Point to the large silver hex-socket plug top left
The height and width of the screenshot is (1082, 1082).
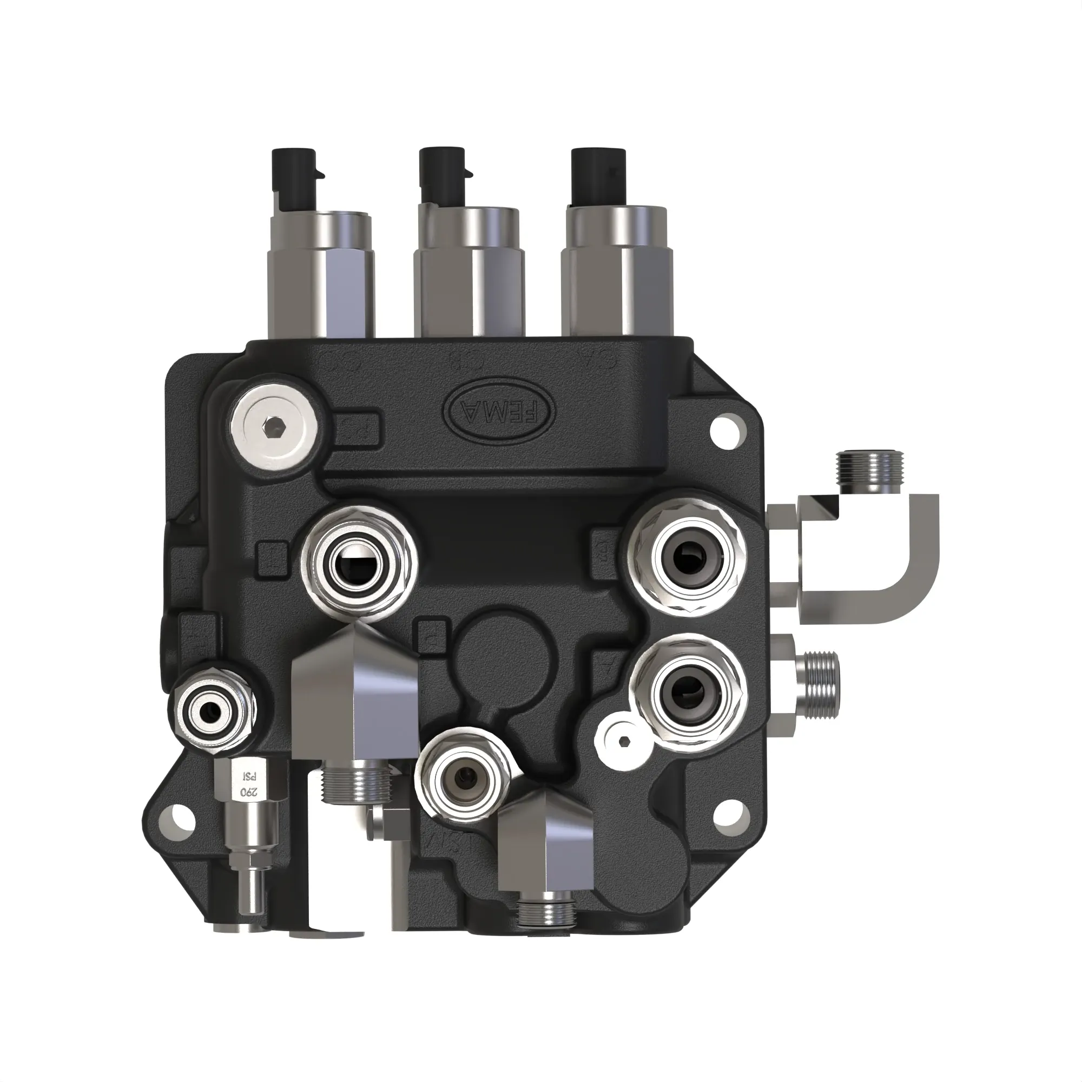tap(271, 428)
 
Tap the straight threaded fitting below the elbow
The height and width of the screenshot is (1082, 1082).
tap(819, 684)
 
